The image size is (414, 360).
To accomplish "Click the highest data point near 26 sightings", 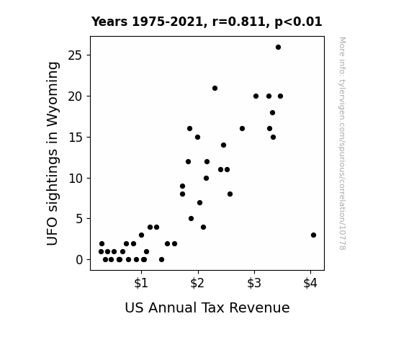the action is (278, 48).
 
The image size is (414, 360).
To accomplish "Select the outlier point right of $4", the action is (313, 235).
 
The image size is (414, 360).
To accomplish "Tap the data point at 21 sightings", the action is (215, 89).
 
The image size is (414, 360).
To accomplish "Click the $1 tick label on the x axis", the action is (141, 283).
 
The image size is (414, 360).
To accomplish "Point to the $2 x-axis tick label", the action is (197, 283).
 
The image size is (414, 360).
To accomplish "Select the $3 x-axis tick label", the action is (254, 283).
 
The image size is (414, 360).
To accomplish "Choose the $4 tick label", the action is (310, 283).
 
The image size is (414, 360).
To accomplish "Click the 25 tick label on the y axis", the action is (76, 55).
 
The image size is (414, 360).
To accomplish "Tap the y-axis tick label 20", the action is (76, 96).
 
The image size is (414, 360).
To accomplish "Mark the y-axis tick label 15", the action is (76, 138).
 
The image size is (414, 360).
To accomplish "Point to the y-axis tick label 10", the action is (76, 179).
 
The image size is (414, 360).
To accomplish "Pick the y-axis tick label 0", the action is (79, 260).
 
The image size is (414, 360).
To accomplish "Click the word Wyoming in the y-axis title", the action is (53, 94).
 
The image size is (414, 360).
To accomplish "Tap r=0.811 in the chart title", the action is (239, 22).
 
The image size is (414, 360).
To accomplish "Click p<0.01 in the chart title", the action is (298, 22).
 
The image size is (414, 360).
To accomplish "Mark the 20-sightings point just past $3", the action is (256, 96).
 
